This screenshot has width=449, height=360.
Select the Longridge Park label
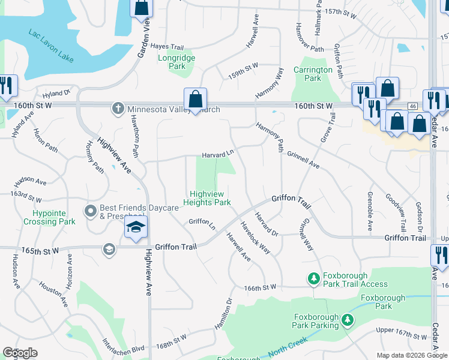(176, 62)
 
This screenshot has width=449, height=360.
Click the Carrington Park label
(313, 74)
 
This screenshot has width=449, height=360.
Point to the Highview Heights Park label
(210, 198)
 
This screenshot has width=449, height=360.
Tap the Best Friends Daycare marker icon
(91, 211)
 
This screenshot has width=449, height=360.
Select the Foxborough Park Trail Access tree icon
(313, 278)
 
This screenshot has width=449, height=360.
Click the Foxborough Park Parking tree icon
(347, 320)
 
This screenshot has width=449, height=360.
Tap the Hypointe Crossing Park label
(49, 217)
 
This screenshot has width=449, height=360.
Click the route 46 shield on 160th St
(412, 106)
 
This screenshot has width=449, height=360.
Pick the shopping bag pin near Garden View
(142, 7)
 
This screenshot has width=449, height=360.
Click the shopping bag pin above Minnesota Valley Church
(196, 99)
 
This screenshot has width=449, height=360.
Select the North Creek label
(287, 348)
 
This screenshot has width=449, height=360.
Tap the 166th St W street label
(260, 287)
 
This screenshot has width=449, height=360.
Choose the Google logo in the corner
(20, 353)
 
